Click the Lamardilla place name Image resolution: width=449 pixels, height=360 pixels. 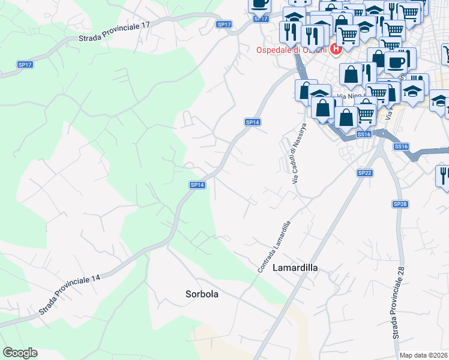tap(295, 268)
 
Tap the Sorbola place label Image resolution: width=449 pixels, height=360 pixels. tap(202, 295)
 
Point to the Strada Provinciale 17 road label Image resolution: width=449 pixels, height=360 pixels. tap(114, 32)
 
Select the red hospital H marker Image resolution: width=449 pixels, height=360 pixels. tap(336, 49)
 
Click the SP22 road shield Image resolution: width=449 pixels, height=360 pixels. tap(365, 173)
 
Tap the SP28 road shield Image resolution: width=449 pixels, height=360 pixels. tap(400, 205)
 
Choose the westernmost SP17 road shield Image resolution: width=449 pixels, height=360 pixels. tap(25, 64)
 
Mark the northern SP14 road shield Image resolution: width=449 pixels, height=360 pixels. tap(253, 122)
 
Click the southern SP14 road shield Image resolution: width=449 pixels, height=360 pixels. tap(198, 185)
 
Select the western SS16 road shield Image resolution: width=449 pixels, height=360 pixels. tap(364, 134)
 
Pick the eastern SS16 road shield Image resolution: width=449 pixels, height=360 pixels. tap(401, 146)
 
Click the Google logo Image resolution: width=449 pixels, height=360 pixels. tap(20, 353)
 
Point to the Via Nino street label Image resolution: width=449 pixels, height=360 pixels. tap(351, 96)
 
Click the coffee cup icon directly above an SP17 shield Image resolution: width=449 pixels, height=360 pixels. tap(259, 4)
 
